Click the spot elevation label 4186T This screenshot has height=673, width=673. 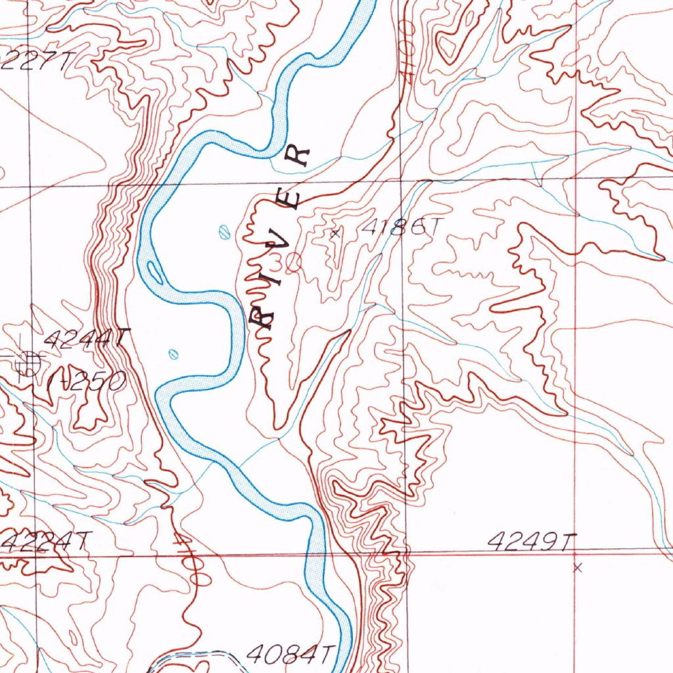[400, 227]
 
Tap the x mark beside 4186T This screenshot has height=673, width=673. [336, 232]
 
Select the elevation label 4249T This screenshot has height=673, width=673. [532, 542]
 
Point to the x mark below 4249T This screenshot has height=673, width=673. [577, 567]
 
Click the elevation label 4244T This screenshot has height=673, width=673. [84, 340]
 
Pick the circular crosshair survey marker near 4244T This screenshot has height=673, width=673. [28, 360]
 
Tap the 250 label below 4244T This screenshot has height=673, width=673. [92, 381]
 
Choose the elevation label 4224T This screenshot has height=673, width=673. [43, 543]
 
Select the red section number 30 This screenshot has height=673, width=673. [285, 264]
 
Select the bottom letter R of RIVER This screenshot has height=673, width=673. [263, 319]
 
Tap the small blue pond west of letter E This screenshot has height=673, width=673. [223, 231]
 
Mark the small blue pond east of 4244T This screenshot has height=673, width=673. [174, 354]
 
